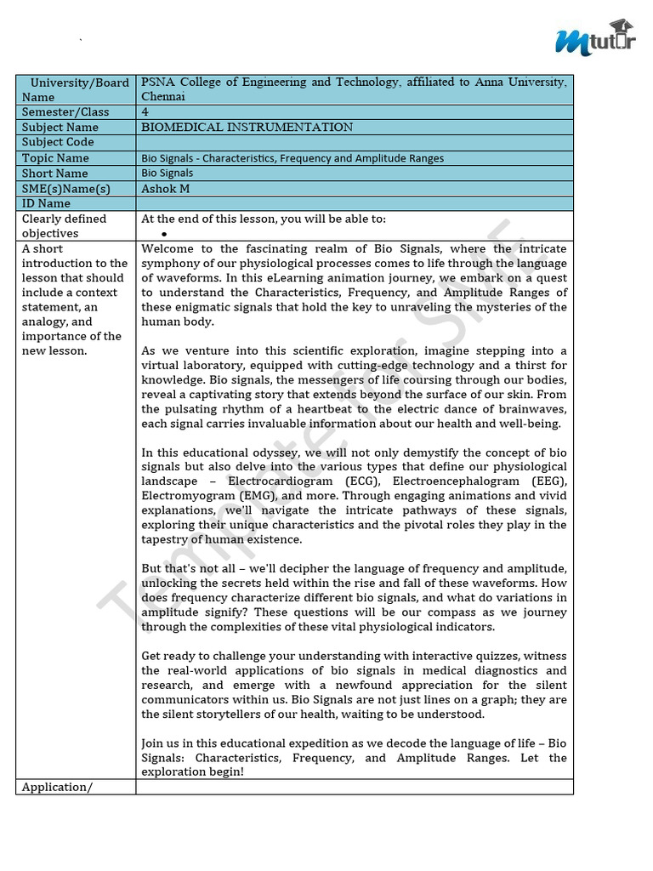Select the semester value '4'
point(145,112)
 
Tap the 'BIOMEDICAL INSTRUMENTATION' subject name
point(247,128)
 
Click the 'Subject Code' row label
point(58,143)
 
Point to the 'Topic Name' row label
point(55,158)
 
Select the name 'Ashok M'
point(166,189)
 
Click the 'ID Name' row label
point(46,204)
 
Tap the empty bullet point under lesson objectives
point(162,234)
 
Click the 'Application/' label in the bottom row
point(56,787)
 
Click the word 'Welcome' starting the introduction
point(168,249)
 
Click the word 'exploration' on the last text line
point(175,771)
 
